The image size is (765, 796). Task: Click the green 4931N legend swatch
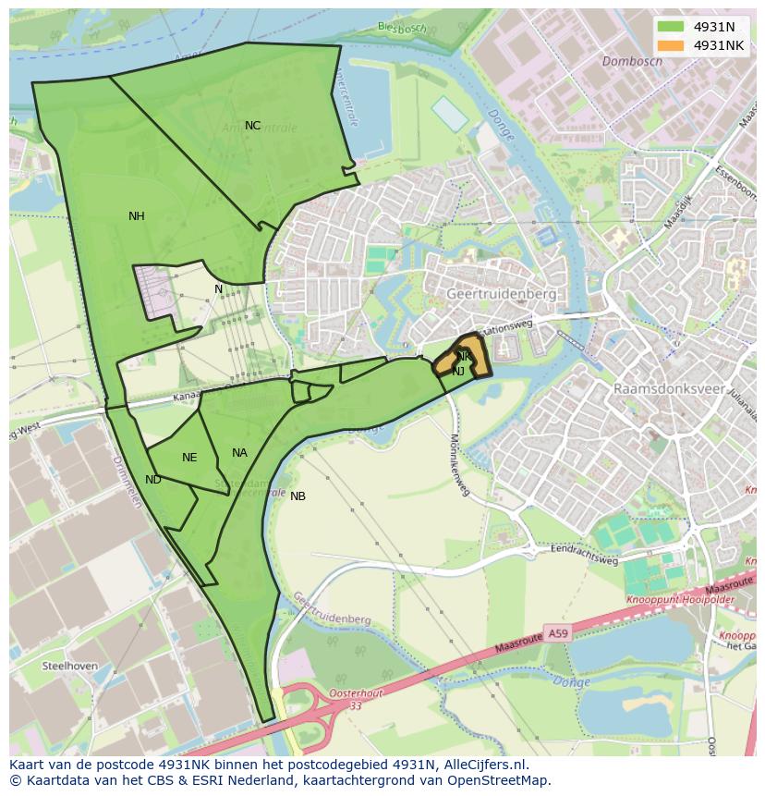671,27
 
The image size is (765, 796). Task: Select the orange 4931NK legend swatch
671,45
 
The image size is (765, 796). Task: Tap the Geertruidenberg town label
501,293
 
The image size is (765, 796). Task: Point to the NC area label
252,126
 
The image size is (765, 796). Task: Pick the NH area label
137,216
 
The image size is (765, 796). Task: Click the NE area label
189,458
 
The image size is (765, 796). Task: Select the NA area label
239,453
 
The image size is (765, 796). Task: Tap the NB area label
297,496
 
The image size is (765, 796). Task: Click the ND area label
153,480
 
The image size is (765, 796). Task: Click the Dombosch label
632,62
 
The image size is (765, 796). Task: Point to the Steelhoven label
69,666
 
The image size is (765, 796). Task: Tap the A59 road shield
556,634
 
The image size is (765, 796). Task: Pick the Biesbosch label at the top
402,28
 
